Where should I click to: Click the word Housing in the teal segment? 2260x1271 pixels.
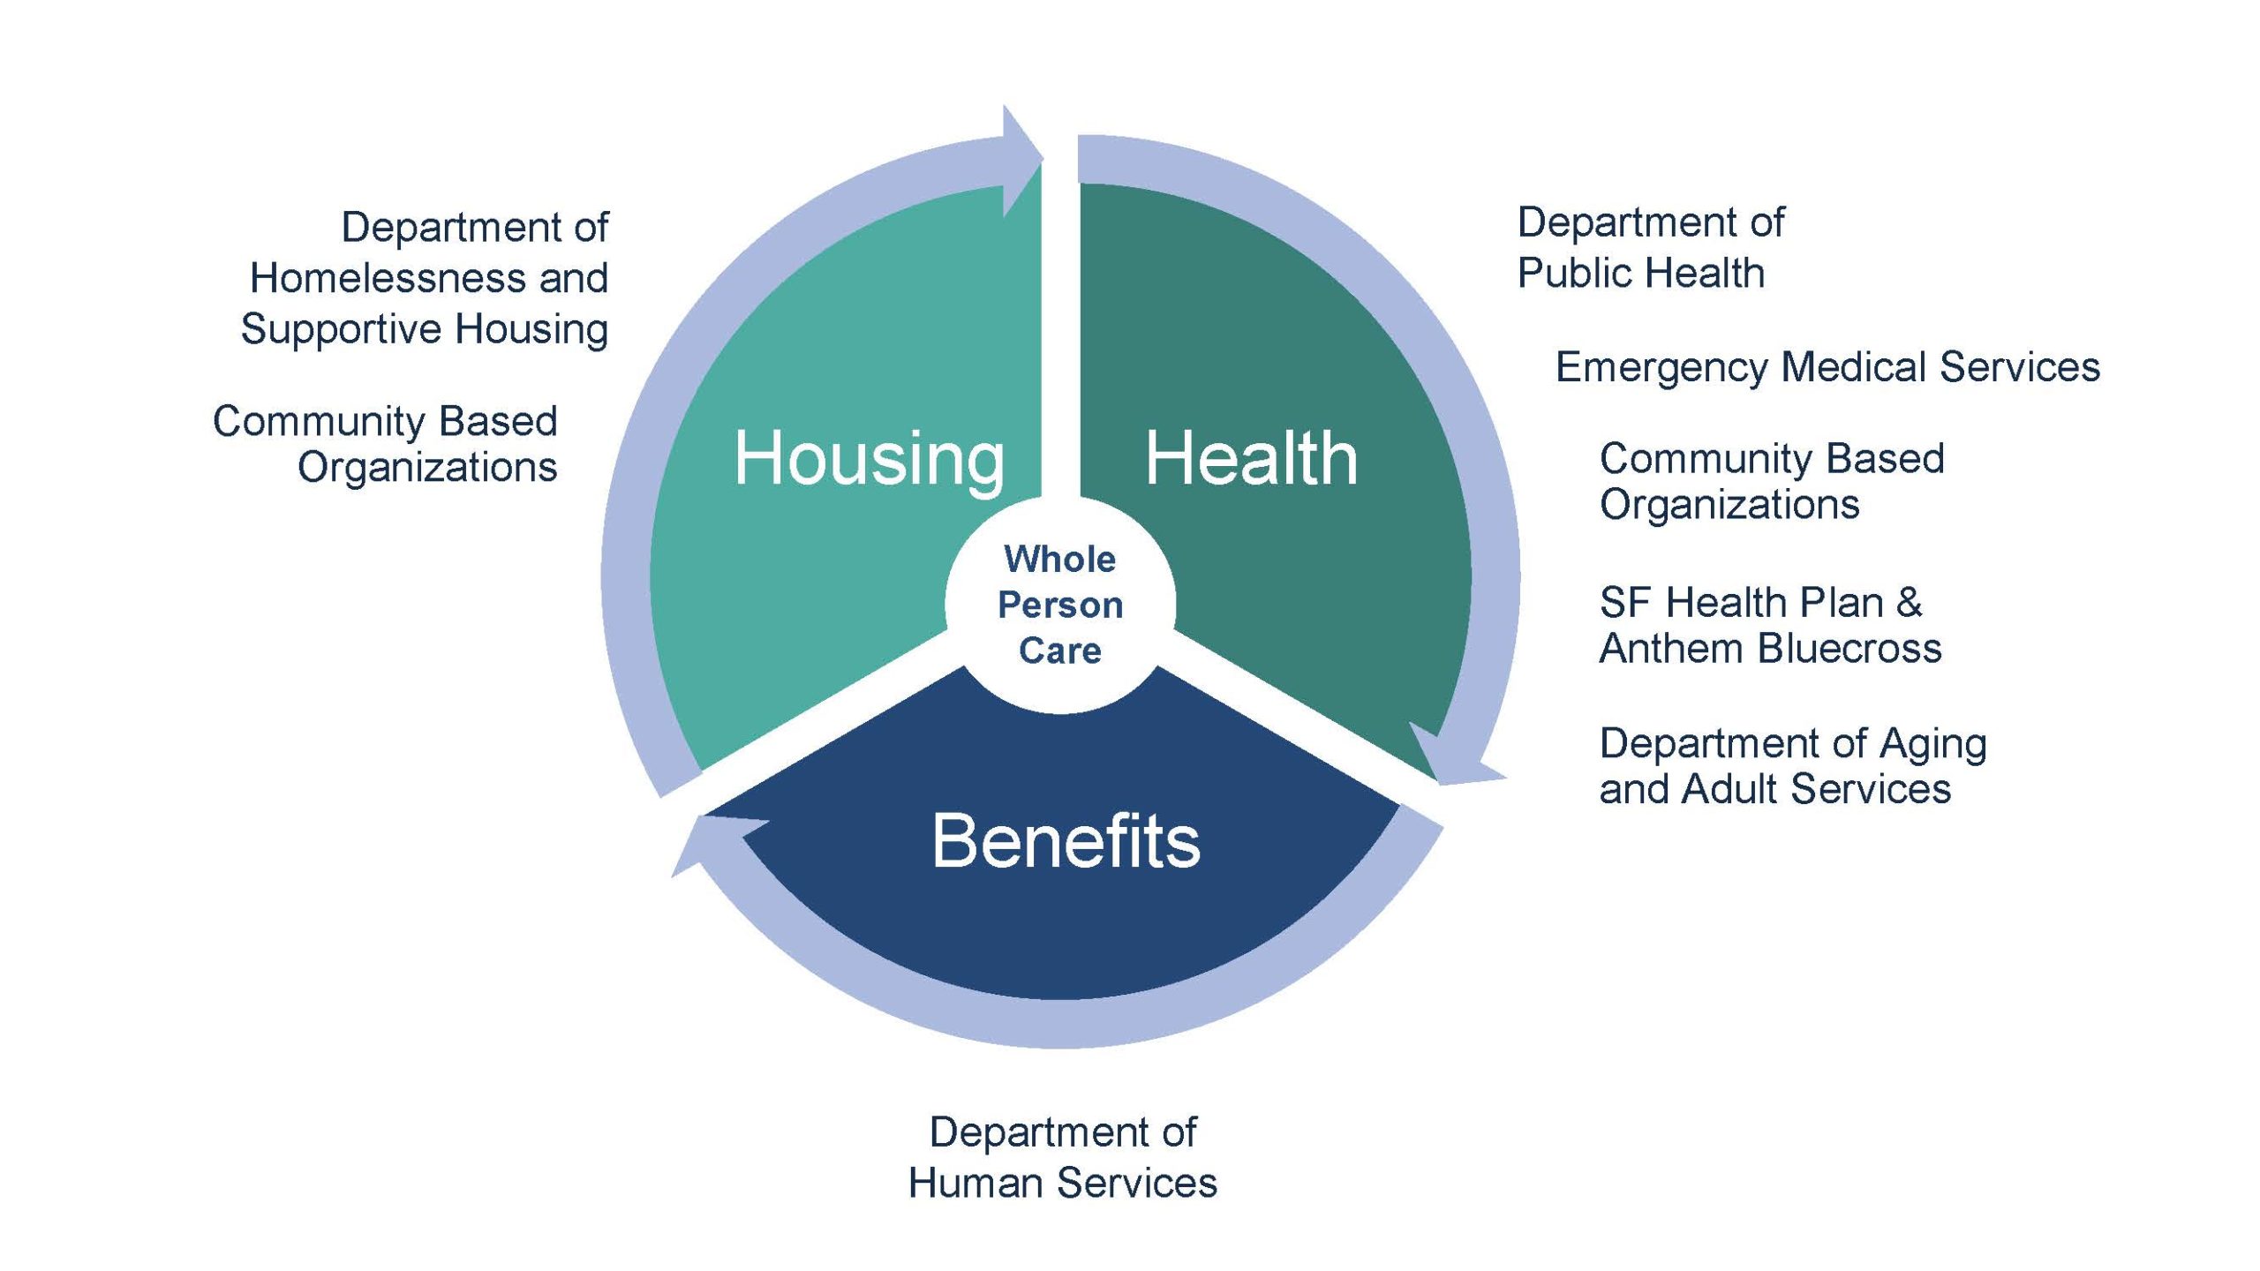(869, 459)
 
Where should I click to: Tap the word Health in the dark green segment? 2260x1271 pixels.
(1251, 459)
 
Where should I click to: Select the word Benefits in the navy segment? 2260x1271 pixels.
(1066, 841)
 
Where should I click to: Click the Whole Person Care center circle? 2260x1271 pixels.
(1060, 605)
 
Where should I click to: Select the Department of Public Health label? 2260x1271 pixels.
(1650, 247)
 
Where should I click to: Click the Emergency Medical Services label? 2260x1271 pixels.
(1827, 366)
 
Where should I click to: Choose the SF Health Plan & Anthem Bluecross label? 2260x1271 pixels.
(1770, 625)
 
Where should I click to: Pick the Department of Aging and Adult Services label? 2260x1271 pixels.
(1793, 765)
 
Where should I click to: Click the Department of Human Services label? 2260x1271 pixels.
(1063, 1157)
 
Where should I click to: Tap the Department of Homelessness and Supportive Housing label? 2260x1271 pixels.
(425, 278)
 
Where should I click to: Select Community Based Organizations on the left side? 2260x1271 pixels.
(385, 444)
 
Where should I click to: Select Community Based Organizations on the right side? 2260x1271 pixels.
(1772, 482)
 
